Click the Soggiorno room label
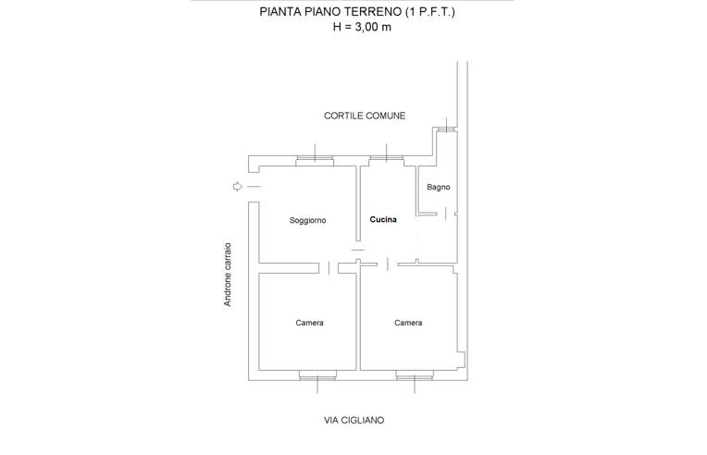coord(307,220)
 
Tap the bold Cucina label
coord(383,219)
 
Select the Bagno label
coord(439,187)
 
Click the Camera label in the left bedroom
coord(309,323)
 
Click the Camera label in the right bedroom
coord(408,323)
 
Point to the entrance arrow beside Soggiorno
coord(238,187)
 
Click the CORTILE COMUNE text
coord(365,116)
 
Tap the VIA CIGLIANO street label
coord(353,420)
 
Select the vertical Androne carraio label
coord(228,275)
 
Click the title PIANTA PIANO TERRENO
coord(331,12)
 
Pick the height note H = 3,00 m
coord(362,27)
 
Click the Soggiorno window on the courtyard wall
coord(315,160)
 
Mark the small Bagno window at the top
coord(446,129)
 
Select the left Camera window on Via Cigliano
coord(317,375)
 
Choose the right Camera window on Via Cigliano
coord(415,375)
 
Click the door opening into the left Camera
coord(329,268)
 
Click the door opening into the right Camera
coord(388,264)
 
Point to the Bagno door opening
coord(445,214)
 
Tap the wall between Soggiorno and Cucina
coord(358,203)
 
